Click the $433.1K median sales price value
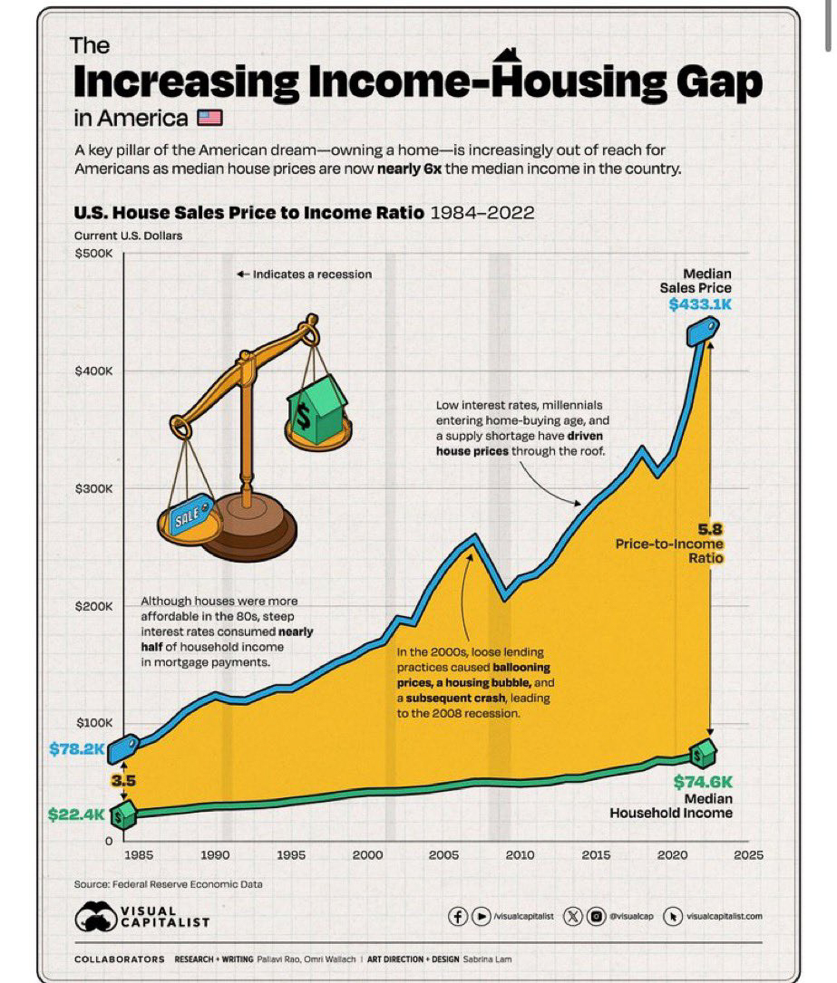tap(699, 304)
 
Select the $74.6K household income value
tap(703, 782)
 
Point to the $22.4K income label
tap(76, 814)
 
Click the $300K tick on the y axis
tap(92, 489)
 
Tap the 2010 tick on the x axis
tap(520, 854)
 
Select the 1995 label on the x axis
tap(291, 854)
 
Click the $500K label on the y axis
tap(92, 254)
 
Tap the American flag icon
tap(209, 118)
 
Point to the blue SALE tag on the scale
tap(186, 516)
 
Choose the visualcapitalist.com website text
tap(725, 916)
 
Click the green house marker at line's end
tap(702, 752)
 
